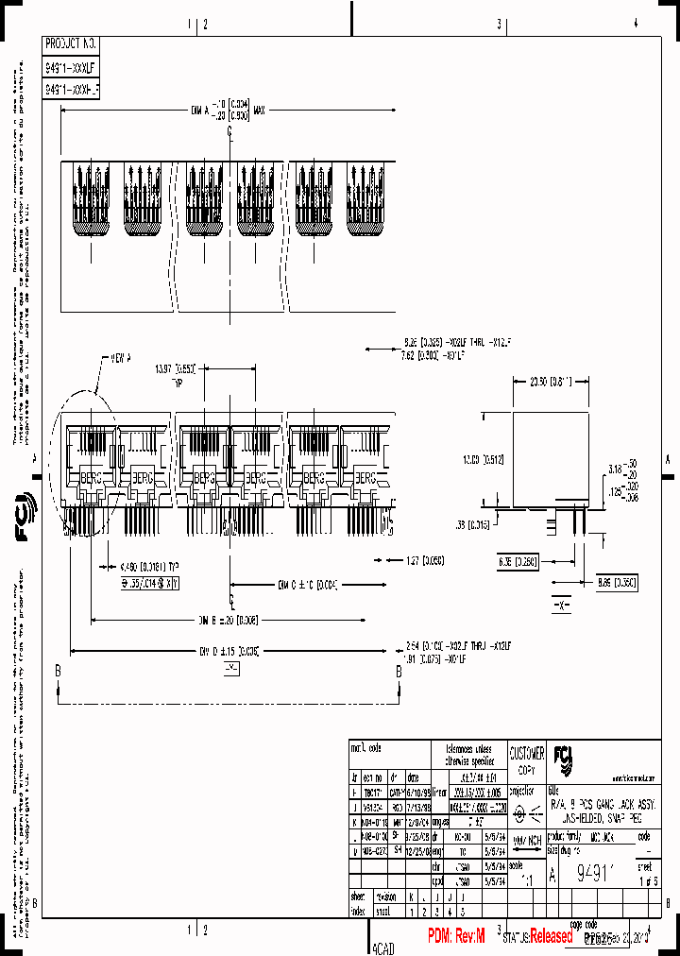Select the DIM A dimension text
coord(229,110)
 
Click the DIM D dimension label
coord(228,651)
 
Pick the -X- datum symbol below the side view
coord(561,604)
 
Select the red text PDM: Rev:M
coord(455,935)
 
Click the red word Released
coord(551,936)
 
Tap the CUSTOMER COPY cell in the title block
coord(527,760)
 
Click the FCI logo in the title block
coord(562,758)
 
